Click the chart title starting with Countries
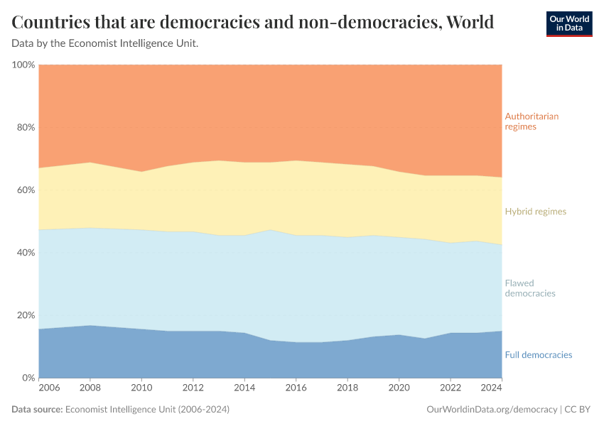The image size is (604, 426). click(x=253, y=22)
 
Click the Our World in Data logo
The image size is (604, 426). click(x=568, y=23)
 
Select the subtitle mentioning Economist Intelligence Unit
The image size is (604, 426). click(x=105, y=44)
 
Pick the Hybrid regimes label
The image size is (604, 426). click(x=535, y=212)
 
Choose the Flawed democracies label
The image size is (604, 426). click(x=529, y=288)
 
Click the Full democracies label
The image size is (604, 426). click(x=538, y=355)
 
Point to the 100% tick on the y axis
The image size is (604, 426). click(x=23, y=65)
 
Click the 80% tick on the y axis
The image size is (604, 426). click(x=26, y=128)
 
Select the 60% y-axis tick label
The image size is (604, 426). click(x=26, y=190)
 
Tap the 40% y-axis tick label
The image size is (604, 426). click(x=26, y=253)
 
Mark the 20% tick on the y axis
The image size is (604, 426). click(x=26, y=315)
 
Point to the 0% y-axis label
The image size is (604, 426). click(x=28, y=378)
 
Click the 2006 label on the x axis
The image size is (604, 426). click(x=50, y=388)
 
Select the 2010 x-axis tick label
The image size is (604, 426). click(x=142, y=388)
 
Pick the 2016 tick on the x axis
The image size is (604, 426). click(x=296, y=388)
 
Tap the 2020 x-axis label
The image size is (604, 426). click(x=399, y=388)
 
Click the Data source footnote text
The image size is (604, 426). click(x=121, y=410)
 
